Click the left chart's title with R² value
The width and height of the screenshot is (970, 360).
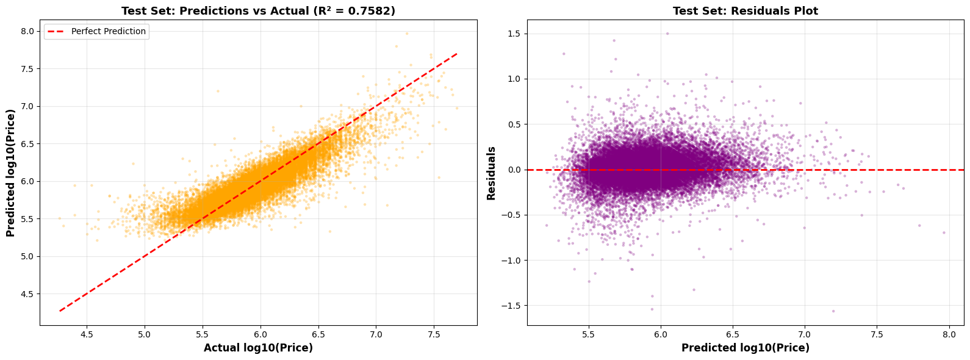click(x=258, y=11)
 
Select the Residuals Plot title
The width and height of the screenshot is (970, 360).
click(x=745, y=11)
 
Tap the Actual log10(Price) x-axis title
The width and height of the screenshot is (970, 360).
click(x=258, y=348)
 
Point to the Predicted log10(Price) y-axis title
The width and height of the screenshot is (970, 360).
click(x=10, y=173)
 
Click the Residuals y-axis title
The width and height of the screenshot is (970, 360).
click(x=491, y=173)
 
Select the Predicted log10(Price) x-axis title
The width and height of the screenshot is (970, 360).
click(x=745, y=348)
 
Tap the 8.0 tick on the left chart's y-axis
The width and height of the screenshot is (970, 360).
click(x=28, y=31)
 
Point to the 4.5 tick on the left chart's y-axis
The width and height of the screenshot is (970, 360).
click(x=28, y=294)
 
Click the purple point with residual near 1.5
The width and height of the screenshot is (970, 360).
click(x=667, y=34)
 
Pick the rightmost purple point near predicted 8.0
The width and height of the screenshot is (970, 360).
click(x=943, y=232)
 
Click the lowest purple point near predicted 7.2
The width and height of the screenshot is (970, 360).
click(x=833, y=311)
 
